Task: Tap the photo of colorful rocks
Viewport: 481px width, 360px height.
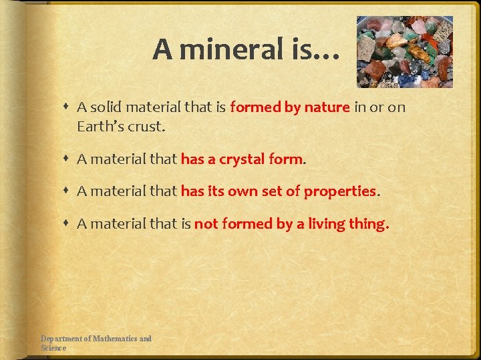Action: click(x=405, y=52)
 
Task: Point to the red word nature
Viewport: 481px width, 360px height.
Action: click(x=327, y=107)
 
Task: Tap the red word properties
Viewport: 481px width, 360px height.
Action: click(x=340, y=192)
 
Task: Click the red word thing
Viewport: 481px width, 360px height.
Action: click(x=368, y=225)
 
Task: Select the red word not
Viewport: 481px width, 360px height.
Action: click(x=205, y=225)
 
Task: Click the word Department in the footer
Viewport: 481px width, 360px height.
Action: click(x=64, y=339)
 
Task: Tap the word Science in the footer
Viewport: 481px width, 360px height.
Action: click(x=53, y=348)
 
